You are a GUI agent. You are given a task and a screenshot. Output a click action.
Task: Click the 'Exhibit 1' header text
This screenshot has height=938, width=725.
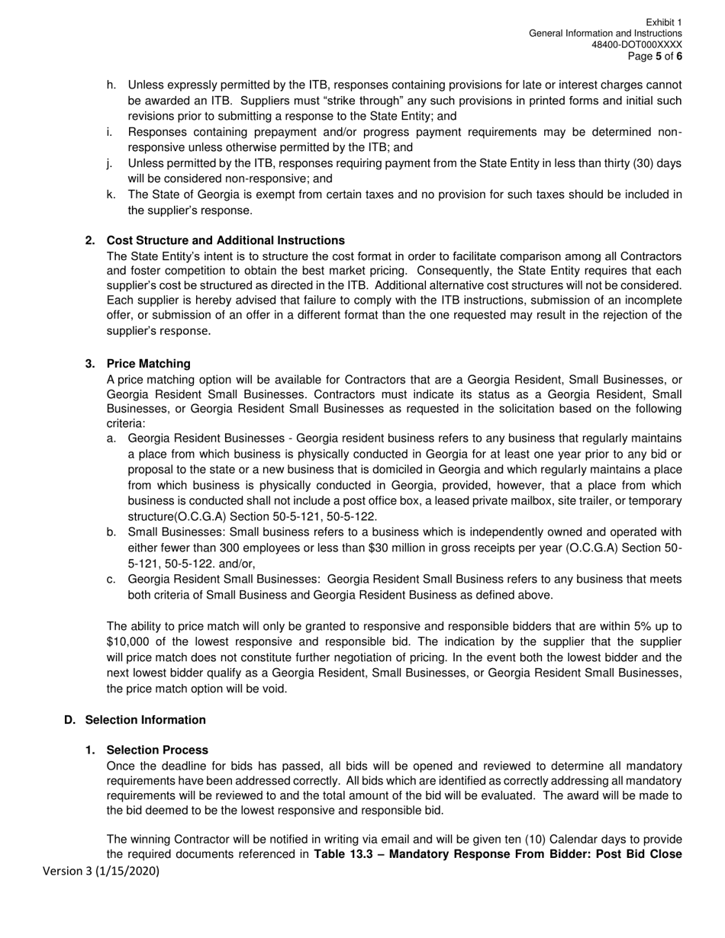coord(663,23)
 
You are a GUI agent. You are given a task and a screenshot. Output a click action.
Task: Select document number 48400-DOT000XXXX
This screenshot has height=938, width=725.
coord(636,45)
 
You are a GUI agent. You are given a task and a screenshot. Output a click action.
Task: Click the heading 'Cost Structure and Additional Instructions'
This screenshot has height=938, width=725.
coord(225,240)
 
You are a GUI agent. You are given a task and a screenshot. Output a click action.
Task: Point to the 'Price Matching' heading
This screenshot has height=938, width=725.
coord(149,363)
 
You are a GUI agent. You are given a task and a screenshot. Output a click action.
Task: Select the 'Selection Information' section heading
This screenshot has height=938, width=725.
coord(145,720)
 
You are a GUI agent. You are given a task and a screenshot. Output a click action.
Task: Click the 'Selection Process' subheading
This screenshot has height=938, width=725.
coord(157,750)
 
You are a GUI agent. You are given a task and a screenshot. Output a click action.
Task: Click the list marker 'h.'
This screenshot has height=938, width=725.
coord(111,85)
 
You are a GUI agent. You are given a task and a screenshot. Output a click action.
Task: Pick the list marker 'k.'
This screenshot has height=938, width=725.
coord(111,194)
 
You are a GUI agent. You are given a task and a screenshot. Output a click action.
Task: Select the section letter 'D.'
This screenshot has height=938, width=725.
coord(70,720)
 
